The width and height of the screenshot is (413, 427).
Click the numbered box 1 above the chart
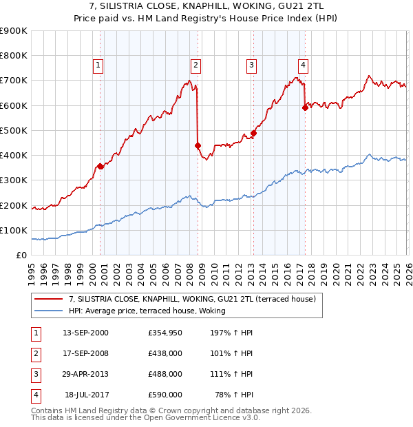coord(98,65)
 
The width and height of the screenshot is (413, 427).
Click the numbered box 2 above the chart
coord(195,65)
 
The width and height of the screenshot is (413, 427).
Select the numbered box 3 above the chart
coord(251,65)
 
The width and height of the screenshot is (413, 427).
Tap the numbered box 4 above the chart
coord(303,65)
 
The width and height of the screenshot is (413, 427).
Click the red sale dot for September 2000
coord(100,166)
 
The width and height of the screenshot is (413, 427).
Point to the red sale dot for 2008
coord(198,145)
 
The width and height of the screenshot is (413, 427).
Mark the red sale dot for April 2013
coord(253,133)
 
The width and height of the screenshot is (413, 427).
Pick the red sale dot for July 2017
coord(305,107)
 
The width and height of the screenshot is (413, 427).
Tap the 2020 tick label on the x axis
coord(336,269)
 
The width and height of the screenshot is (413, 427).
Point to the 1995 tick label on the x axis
coord(32,269)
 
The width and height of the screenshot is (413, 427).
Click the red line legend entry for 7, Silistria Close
coord(192,299)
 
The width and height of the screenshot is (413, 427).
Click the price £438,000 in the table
coord(165,355)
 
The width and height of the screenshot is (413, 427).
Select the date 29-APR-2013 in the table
coord(85,375)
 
